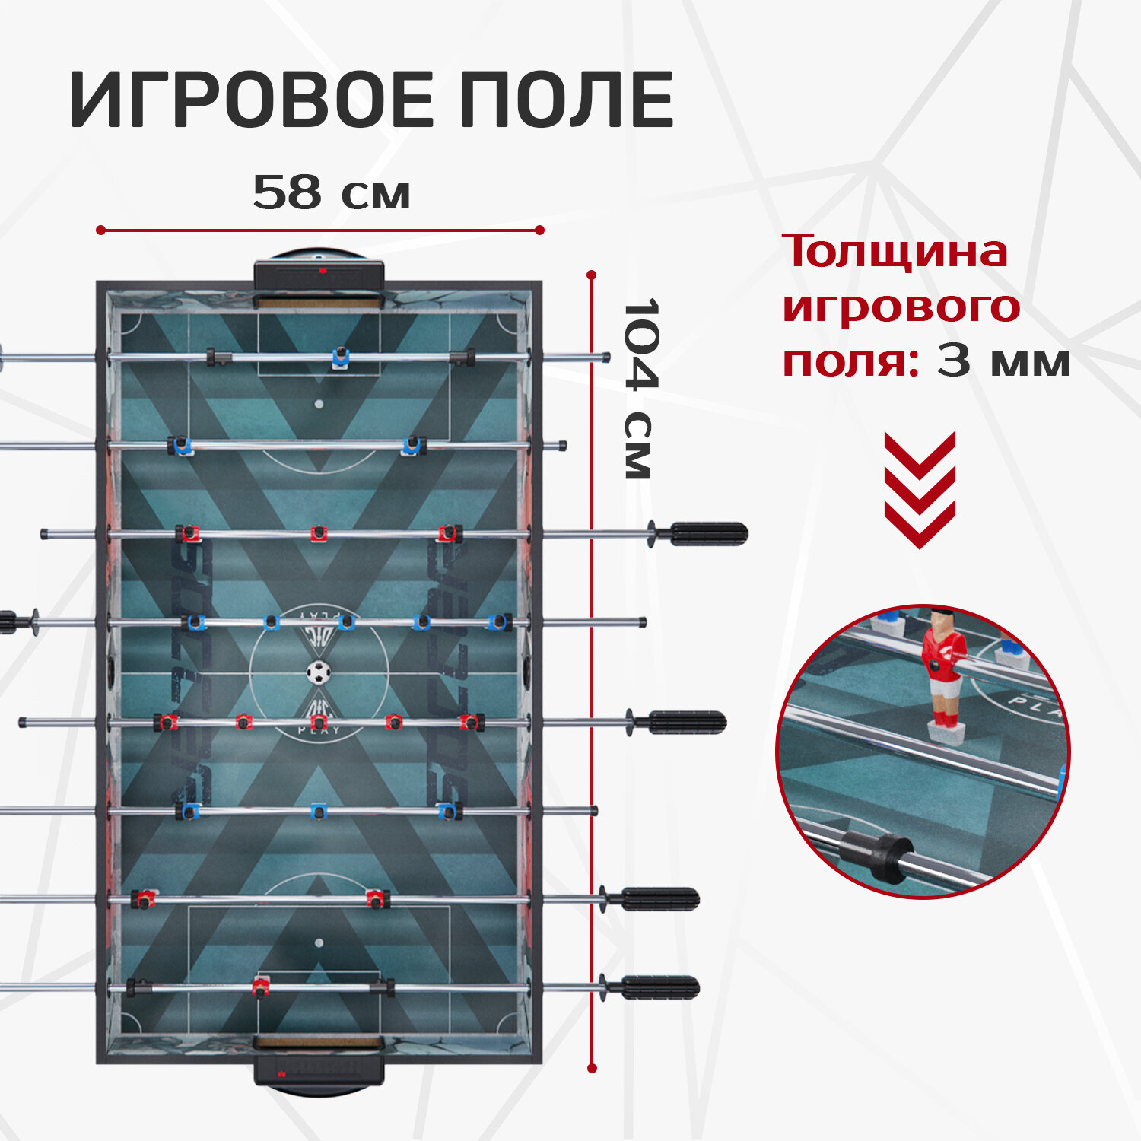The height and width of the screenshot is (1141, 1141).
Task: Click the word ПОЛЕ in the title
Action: coord(566,100)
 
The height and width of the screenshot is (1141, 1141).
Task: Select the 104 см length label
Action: coord(640,388)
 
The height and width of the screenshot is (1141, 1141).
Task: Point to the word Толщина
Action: coord(895,252)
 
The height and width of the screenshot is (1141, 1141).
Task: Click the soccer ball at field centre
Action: coord(319,672)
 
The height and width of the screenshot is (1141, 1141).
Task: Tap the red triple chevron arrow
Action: coord(920,491)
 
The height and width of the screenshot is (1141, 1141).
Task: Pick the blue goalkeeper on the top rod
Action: coord(340,358)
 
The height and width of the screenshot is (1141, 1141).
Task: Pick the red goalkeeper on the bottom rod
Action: coord(261,988)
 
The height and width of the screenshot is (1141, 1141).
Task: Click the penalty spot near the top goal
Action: coord(319,404)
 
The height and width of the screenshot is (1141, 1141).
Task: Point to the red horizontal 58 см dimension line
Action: coord(319,230)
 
